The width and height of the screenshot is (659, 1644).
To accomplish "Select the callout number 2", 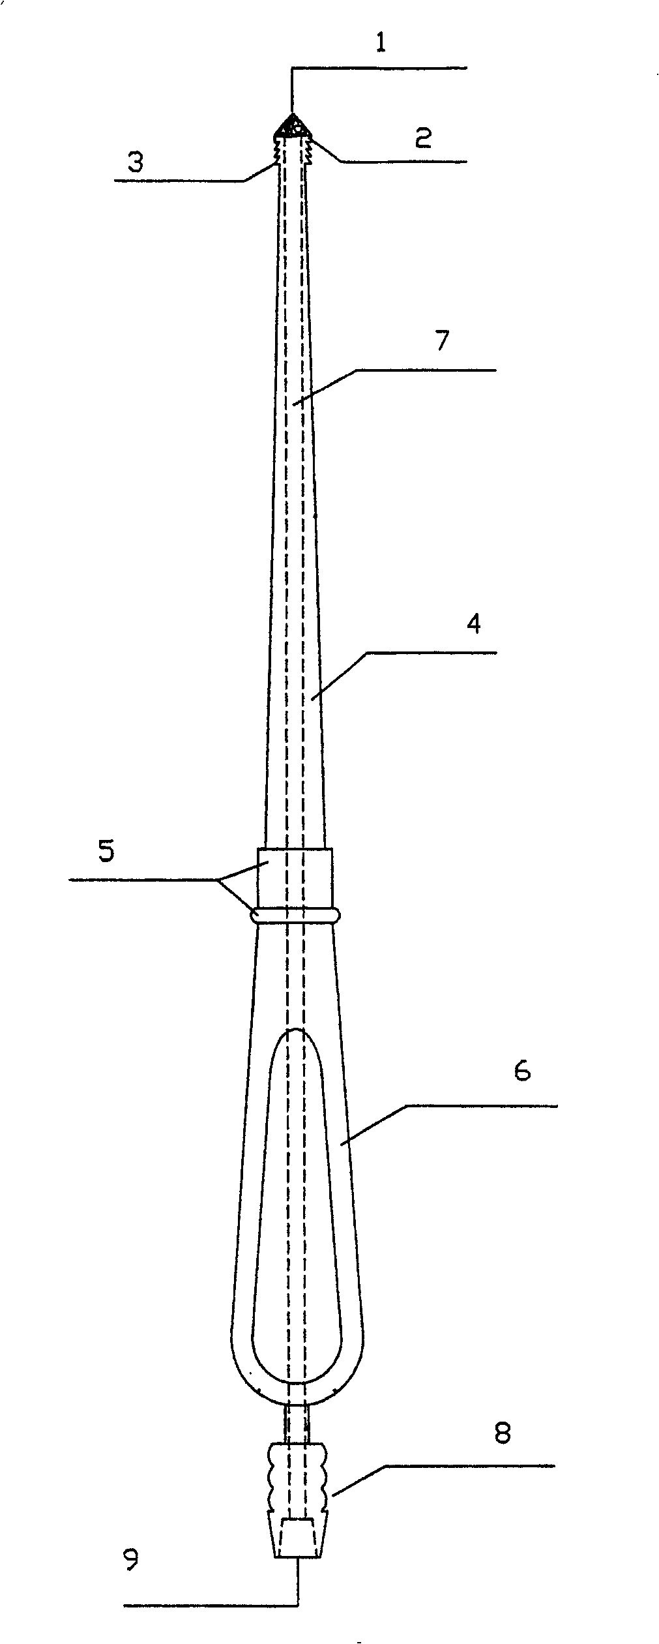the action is pos(423,138).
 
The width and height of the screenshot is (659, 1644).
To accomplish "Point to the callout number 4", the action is pos(475,624).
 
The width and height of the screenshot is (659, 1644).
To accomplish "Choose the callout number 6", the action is pos(522,1071).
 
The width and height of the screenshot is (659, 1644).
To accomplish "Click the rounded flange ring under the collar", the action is pos(295,915).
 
